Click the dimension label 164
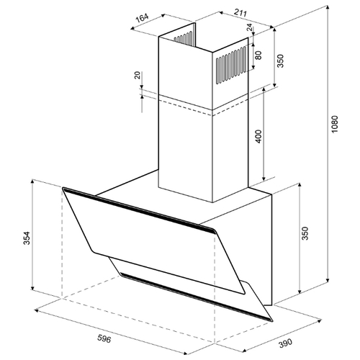pos(143,18)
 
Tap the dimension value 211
pos(240,12)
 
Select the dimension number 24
pos(250,27)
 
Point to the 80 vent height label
pos(258,55)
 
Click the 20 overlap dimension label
pos(137,76)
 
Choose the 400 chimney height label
pos(258,136)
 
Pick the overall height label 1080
pos(334,125)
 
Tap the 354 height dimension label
pos(27,238)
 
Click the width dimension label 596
pos(104,338)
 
